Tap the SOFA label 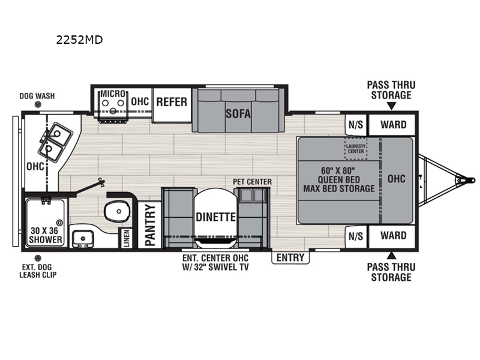238,113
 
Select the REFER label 172,102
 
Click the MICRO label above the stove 113,94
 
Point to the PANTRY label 151,226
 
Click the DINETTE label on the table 215,217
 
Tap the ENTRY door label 291,258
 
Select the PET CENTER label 253,182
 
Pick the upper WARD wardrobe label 394,125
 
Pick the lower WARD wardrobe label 394,236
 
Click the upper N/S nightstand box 355,125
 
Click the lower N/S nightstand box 355,236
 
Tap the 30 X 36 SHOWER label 46,234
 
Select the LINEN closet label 126,238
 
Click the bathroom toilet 115,210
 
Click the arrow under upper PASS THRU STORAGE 391,106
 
